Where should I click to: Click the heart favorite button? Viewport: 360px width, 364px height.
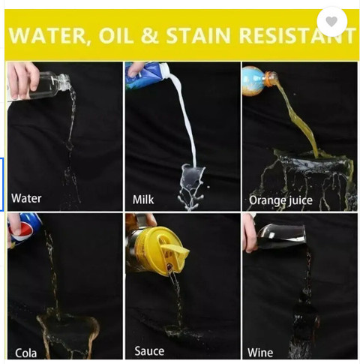pyautogui.click(x=331, y=22)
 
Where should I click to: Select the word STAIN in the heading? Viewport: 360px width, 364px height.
pyautogui.click(x=198, y=35)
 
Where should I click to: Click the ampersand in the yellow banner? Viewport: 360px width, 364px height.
pyautogui.click(x=149, y=35)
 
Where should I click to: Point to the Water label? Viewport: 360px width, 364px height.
pyautogui.click(x=26, y=198)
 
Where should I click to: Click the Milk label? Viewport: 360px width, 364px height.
pyautogui.click(x=143, y=200)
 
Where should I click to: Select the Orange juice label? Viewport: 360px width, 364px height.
pyautogui.click(x=280, y=200)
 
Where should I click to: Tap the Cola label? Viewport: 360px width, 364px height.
pyautogui.click(x=25, y=353)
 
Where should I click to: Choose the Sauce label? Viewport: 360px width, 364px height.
pyautogui.click(x=149, y=351)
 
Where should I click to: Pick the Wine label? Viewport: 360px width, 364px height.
pyautogui.click(x=260, y=353)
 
